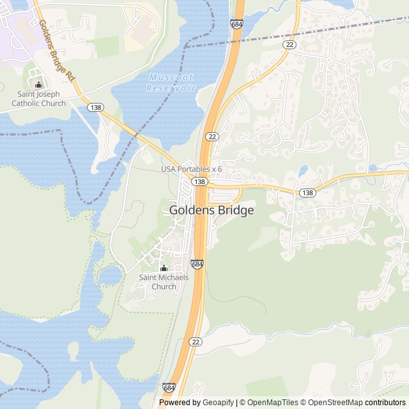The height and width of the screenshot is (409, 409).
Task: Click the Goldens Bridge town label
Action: (x=212, y=210)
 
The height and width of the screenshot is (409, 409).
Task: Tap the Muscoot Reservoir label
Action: (x=171, y=82)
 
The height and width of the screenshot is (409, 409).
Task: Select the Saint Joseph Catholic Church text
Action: (x=38, y=99)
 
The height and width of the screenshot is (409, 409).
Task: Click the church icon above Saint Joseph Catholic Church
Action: (x=38, y=84)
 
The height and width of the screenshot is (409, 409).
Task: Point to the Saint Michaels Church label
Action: (x=164, y=282)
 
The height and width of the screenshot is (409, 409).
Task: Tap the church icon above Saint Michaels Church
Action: (x=164, y=268)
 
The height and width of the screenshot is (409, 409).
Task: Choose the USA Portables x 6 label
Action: (x=191, y=169)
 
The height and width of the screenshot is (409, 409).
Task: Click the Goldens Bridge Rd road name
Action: (x=57, y=50)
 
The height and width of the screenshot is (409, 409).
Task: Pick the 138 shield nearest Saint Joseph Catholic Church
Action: (x=95, y=107)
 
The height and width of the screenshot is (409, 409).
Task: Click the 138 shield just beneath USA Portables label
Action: (x=200, y=181)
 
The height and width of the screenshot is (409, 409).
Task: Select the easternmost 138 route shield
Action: (x=307, y=192)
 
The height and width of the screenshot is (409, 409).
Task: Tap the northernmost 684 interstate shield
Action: (x=236, y=24)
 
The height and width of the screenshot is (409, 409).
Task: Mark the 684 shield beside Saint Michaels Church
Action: (x=197, y=264)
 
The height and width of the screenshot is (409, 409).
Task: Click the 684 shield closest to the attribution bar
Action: (x=169, y=387)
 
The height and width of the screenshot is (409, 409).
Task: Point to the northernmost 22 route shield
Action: (x=291, y=43)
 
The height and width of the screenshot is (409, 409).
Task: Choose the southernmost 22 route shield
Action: (x=196, y=342)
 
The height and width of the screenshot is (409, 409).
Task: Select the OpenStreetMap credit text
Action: (x=332, y=403)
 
